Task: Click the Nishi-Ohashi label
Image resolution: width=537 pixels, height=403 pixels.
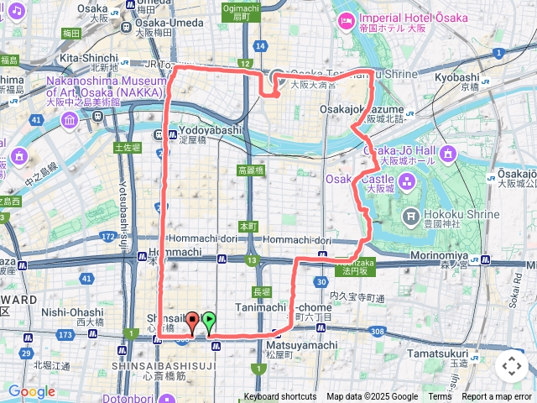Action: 72,311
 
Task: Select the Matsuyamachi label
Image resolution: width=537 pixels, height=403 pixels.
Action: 289,344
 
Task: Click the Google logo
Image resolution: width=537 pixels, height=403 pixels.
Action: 32,391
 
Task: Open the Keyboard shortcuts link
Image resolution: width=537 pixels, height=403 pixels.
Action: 280,397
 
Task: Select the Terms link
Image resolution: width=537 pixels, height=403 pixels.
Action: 440,397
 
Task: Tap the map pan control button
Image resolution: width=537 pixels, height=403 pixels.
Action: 511,365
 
